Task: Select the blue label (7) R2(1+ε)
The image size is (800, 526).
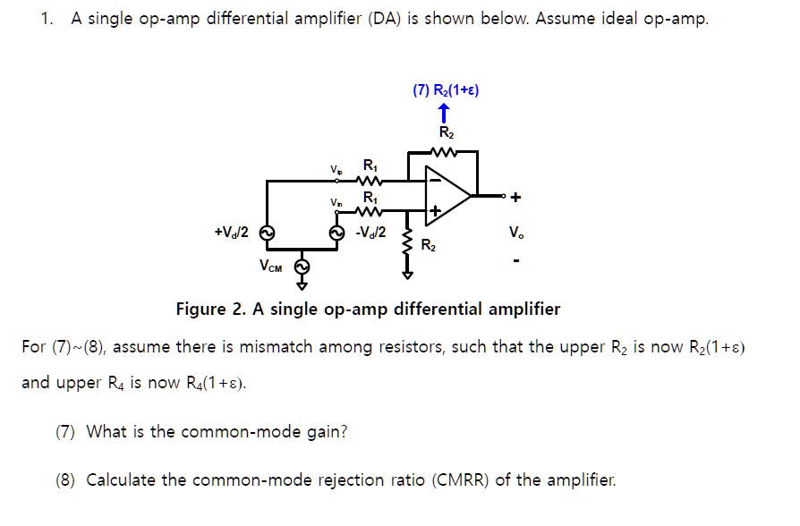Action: (446, 90)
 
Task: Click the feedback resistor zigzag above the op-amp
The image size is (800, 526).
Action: (445, 152)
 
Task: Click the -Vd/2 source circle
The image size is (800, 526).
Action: (337, 233)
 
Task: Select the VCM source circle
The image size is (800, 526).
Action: (302, 266)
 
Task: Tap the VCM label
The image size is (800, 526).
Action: (270, 266)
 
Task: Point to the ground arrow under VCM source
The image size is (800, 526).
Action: (302, 286)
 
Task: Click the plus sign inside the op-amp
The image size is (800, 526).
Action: (434, 212)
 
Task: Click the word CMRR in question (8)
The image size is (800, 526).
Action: (462, 479)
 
